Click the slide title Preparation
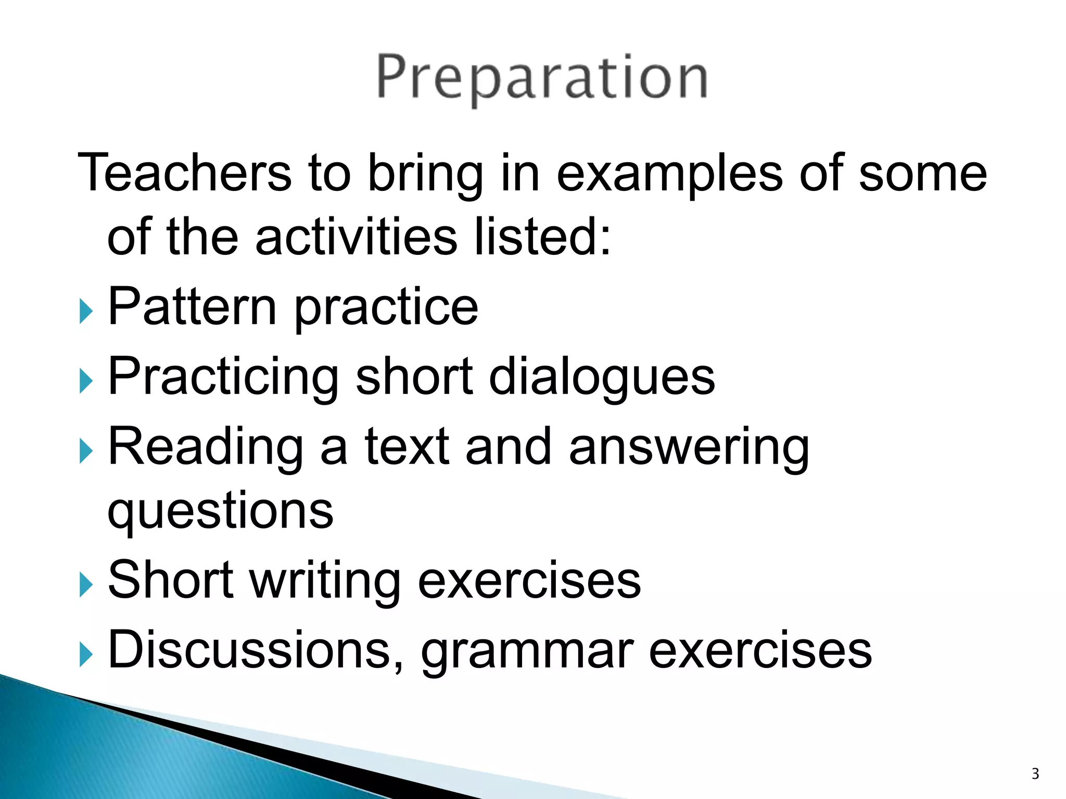541,78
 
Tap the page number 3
1035,774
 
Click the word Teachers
185,173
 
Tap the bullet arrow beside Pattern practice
86,312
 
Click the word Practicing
223,379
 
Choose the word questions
220,512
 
